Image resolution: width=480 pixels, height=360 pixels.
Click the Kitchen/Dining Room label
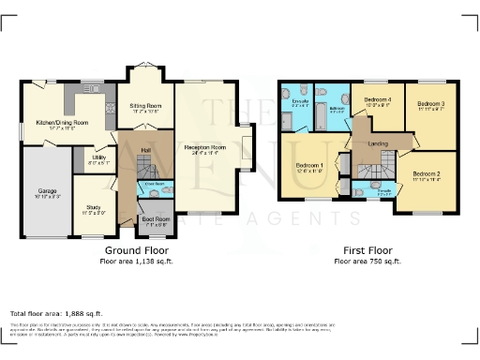click(x=62, y=123)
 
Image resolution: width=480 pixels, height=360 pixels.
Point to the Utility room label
click(x=97, y=158)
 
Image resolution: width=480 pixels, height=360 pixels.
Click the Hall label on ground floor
click(x=145, y=149)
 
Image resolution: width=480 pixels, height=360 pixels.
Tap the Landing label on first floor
click(x=379, y=143)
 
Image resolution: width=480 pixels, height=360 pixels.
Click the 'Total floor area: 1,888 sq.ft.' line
click(x=56, y=312)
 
